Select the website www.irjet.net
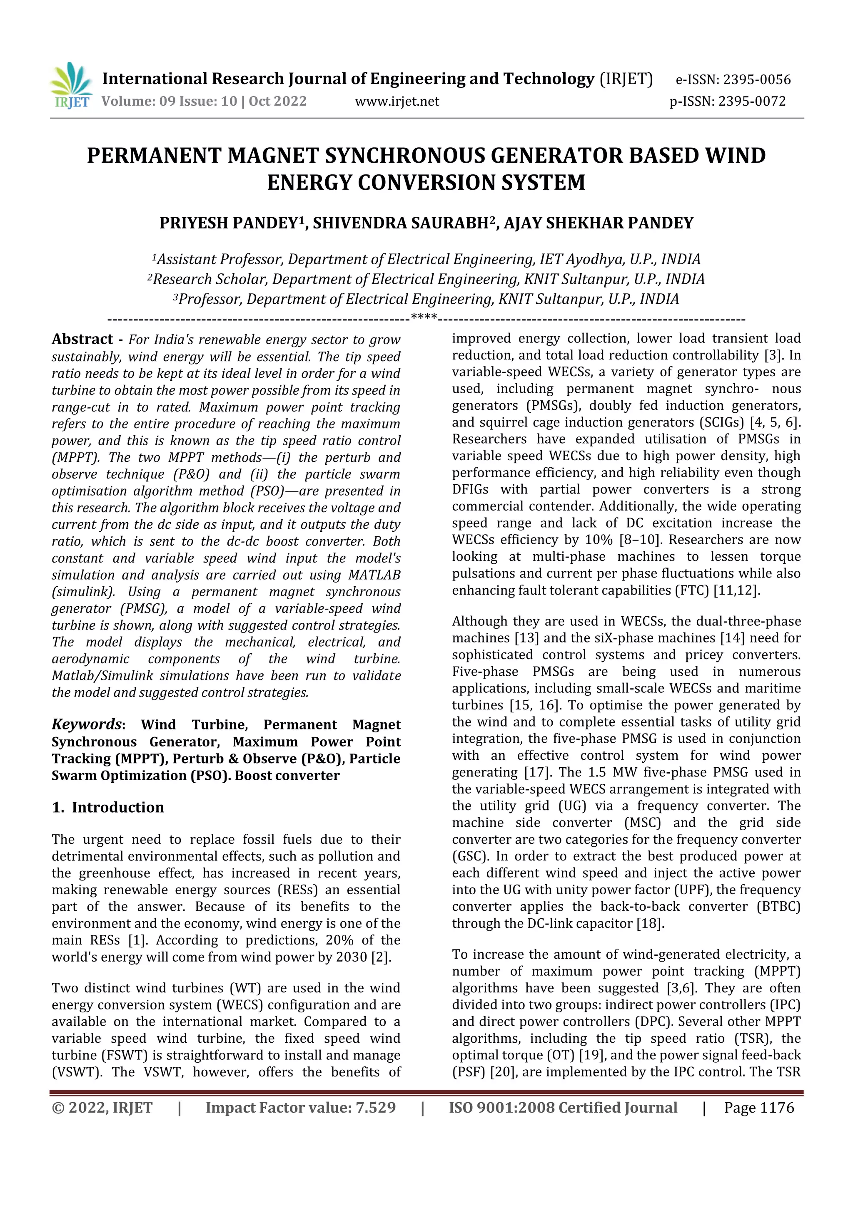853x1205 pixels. pos(397,101)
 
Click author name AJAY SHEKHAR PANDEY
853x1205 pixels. pos(599,223)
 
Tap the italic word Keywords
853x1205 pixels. pos(87,724)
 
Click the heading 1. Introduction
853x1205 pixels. pos(108,807)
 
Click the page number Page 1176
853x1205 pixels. pos(759,1107)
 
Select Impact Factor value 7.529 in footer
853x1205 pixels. pos(300,1107)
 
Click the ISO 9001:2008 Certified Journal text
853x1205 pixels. pos(563,1107)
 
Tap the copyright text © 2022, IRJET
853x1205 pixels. pos(102,1107)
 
